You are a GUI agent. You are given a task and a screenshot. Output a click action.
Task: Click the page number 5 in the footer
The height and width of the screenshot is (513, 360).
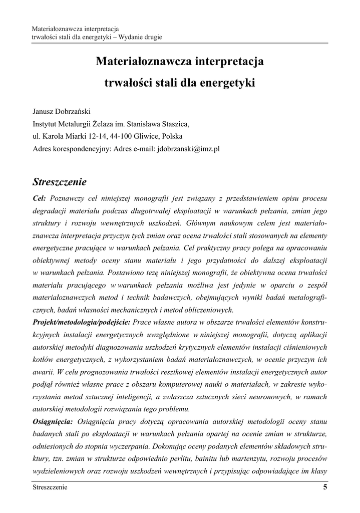pos(325,487)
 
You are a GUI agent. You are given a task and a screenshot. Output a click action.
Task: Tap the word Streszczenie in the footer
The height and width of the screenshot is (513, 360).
pos(50,487)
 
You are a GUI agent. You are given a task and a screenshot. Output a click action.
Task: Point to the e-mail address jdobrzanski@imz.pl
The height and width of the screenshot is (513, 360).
pos(188,149)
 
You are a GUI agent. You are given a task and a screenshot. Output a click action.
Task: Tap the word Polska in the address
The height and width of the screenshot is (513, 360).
pos(172,136)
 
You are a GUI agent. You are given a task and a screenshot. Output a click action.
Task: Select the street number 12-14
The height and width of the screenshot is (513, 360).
pos(91,136)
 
